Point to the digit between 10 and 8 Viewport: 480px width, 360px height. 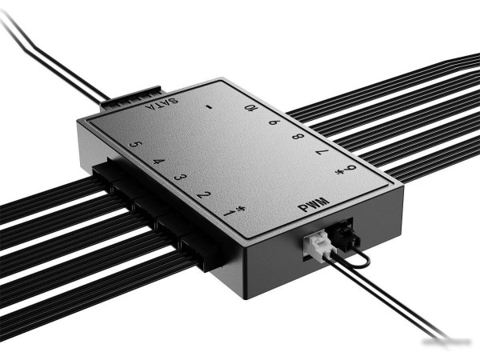(x=274, y=123)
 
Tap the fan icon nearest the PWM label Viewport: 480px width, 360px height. (x=349, y=170)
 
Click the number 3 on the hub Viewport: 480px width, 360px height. (x=180, y=177)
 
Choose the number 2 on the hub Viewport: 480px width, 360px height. (x=205, y=194)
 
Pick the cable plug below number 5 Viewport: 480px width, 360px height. (x=103, y=171)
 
